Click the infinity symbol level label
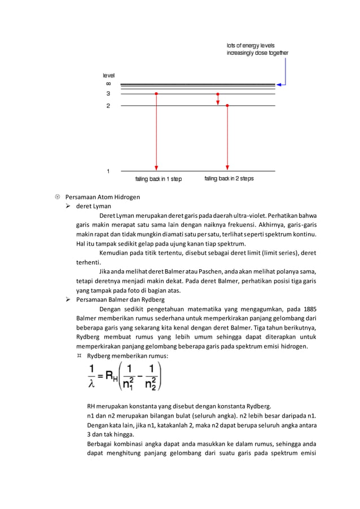point(108,84)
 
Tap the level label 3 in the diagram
point(108,94)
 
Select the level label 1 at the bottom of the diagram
point(108,170)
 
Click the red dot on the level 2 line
point(227,106)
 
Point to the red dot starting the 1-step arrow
point(156,94)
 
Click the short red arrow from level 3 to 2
point(218,99)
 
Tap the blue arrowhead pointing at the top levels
point(280,84)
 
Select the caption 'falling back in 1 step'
point(159,179)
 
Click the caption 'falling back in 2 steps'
point(229,178)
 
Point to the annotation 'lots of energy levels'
point(251,45)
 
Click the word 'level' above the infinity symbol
point(108,75)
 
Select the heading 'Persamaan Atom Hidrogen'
point(103,197)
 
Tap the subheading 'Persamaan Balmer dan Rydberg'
point(120,300)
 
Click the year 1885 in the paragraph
point(310,309)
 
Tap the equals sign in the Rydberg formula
point(101,376)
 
